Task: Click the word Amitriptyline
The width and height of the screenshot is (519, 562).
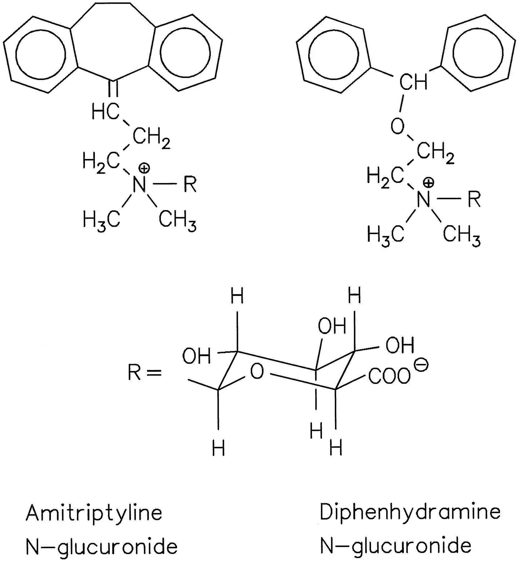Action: click(94, 513)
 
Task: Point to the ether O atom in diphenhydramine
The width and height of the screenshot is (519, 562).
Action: click(398, 126)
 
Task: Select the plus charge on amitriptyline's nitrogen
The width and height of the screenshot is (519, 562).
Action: click(144, 168)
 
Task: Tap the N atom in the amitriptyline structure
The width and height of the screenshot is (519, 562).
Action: click(139, 185)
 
